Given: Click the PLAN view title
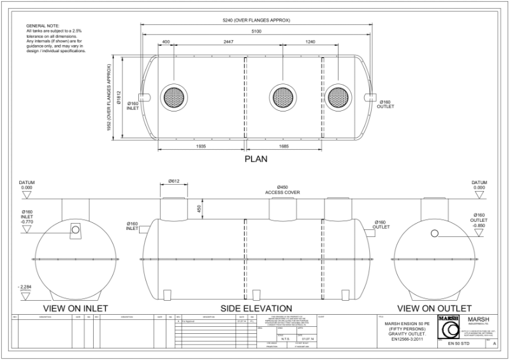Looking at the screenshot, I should click(255, 160).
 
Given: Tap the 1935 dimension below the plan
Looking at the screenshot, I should click(202, 147).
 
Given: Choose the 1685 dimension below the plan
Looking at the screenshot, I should click(283, 147).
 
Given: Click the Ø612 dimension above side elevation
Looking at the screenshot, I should click(175, 182).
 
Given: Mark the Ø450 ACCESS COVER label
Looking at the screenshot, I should click(283, 189).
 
